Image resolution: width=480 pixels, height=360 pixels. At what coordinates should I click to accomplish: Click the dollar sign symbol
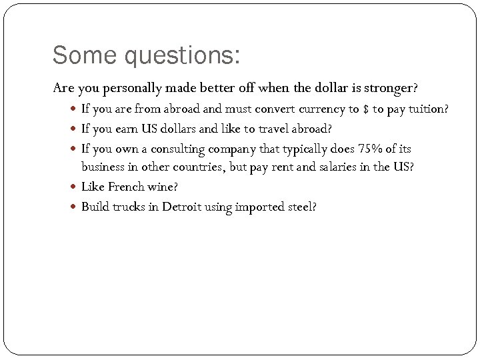pyautogui.click(x=366, y=109)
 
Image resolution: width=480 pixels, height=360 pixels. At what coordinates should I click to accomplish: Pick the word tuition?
pyautogui.click(x=426, y=109)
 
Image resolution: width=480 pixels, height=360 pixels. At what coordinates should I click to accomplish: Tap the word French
pyautogui.click(x=126, y=187)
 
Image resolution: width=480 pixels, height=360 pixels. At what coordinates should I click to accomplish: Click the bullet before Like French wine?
pyautogui.click(x=74, y=187)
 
